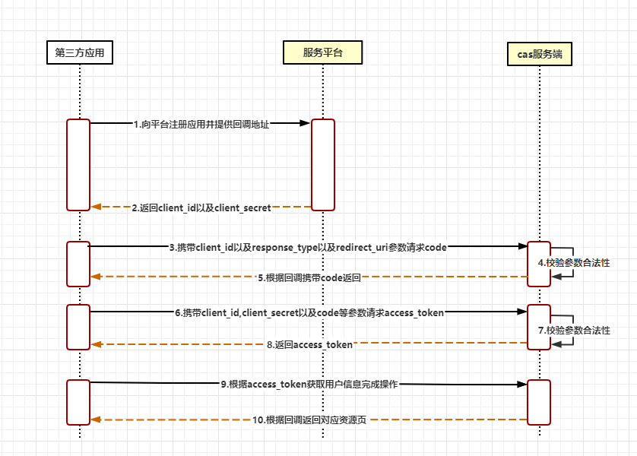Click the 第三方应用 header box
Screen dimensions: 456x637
(x=79, y=52)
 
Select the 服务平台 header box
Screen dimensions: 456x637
(x=322, y=52)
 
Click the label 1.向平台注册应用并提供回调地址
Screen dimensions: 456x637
(x=201, y=123)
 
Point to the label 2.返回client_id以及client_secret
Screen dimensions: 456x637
(x=201, y=207)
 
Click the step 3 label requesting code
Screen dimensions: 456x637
(x=308, y=247)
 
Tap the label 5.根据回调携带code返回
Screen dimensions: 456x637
(x=309, y=277)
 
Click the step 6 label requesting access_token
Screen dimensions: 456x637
(x=309, y=312)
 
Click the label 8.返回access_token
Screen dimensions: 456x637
(x=309, y=344)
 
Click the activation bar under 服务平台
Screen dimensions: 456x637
(x=322, y=164)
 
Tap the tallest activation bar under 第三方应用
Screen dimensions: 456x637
(x=78, y=164)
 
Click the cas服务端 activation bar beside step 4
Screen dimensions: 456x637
(x=539, y=264)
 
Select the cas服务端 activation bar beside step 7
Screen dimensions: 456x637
(x=539, y=327)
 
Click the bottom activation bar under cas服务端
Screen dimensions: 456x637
(x=539, y=402)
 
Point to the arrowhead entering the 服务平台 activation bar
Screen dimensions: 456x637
(x=305, y=122)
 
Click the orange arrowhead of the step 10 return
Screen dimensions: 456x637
(x=96, y=420)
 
